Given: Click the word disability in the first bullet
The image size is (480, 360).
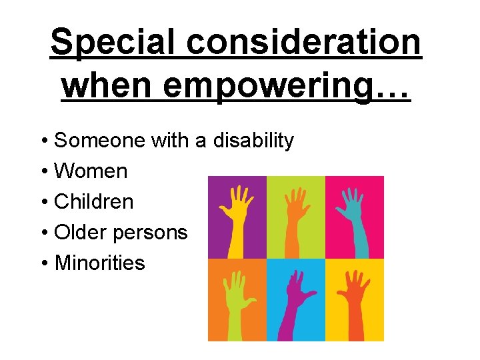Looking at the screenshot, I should pyautogui.click(x=253, y=141).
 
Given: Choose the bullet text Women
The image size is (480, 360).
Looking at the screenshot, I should pyautogui.click(x=90, y=171).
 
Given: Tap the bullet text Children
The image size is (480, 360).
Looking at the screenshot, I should pyautogui.click(x=93, y=202).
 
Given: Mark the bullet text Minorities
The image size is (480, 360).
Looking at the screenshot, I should pyautogui.click(x=99, y=263).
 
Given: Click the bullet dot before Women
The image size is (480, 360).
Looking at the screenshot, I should pyautogui.click(x=43, y=172).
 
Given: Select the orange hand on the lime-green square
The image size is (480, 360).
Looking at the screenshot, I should pyautogui.click(x=294, y=217).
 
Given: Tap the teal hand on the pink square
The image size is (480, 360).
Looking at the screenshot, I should pyautogui.click(x=353, y=217).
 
